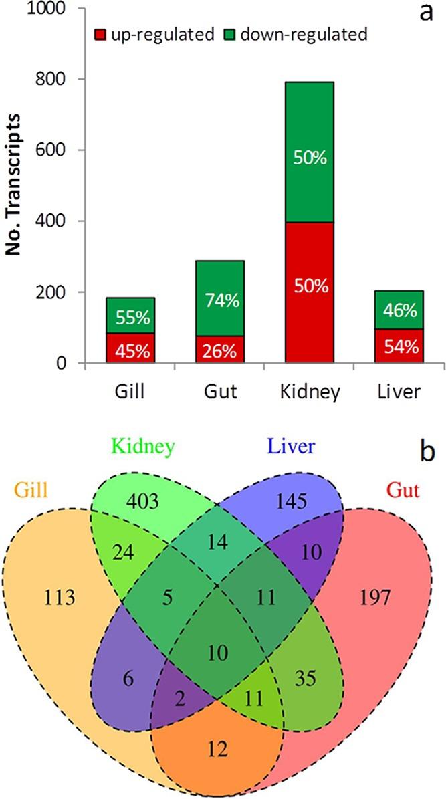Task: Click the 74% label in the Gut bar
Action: click(x=219, y=301)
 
